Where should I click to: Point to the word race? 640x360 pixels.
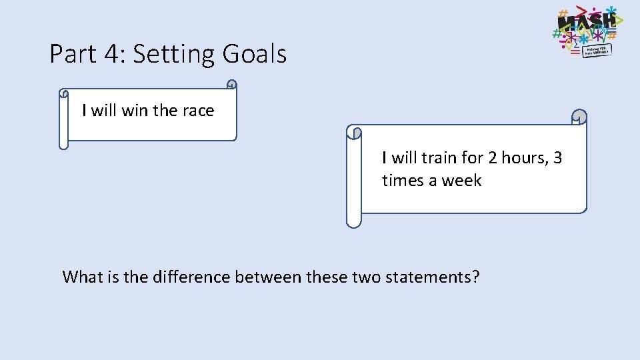[x=199, y=111]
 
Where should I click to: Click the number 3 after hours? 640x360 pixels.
[x=557, y=158]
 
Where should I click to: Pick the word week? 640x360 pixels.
[x=461, y=181]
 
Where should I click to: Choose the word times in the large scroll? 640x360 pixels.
[x=403, y=181]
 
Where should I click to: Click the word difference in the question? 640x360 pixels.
[x=192, y=277]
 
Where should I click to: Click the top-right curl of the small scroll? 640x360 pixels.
[x=231, y=85]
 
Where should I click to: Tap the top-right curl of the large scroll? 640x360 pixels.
[x=580, y=117]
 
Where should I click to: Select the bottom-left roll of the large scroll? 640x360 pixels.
[x=353, y=220]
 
